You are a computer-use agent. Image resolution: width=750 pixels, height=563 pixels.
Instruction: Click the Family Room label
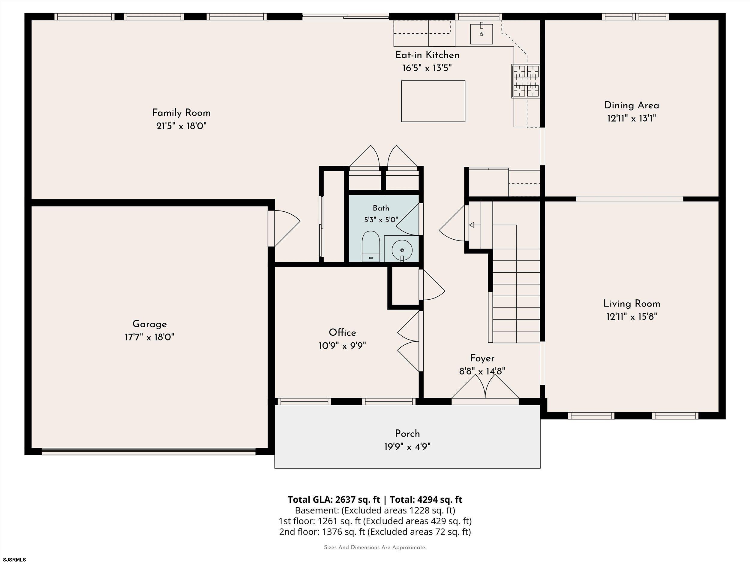181,113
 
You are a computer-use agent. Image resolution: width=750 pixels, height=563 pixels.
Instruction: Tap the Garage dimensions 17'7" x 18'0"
149,337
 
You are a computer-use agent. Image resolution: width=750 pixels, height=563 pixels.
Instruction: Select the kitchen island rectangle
433,101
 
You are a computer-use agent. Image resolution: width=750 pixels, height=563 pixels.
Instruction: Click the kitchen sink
481,34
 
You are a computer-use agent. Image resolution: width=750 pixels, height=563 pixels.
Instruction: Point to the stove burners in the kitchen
526,81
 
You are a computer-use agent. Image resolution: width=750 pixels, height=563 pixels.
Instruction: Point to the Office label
343,333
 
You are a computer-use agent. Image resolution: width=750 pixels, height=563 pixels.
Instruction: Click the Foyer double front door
485,390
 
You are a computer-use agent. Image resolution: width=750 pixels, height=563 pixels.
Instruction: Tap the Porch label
407,434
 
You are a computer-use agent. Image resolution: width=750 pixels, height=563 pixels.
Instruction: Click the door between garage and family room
284,229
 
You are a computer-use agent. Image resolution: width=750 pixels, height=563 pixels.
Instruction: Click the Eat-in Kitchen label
427,55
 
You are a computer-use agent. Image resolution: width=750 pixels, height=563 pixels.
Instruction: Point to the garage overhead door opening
148,451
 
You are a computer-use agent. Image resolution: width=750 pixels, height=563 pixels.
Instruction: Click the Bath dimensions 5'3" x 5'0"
381,220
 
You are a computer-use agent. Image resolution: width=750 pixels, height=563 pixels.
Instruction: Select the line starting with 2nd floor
375,532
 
